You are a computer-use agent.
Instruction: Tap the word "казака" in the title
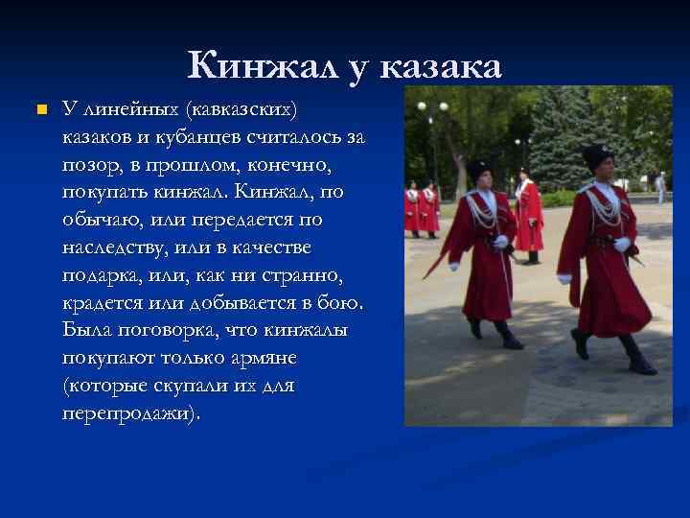[441, 66]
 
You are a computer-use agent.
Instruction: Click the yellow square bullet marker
[39, 110]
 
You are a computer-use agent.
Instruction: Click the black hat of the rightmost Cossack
[597, 154]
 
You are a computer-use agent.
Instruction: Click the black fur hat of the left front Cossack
[478, 169]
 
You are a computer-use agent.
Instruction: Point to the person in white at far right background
[660, 187]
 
